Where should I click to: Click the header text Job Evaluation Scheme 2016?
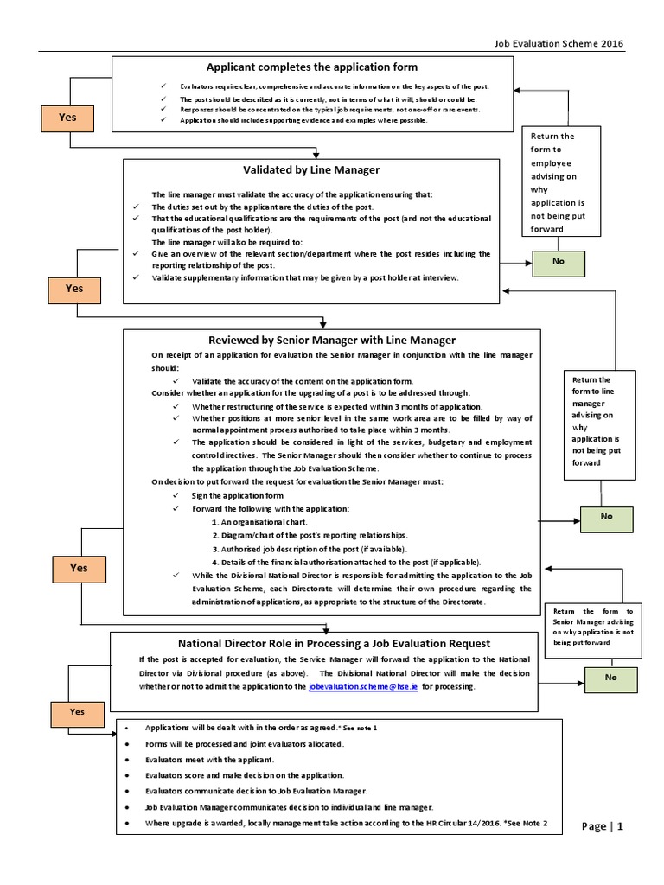coord(558,44)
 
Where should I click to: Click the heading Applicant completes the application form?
coord(311,67)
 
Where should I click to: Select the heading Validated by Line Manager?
coord(311,170)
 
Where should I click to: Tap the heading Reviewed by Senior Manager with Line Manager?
coord(332,340)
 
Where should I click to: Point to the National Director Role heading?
coord(334,643)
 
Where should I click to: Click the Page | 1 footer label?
coord(602,826)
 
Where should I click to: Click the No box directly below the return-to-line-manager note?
coord(606,517)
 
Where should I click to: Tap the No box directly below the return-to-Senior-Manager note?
coord(610,678)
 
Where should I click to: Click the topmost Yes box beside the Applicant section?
coord(67,117)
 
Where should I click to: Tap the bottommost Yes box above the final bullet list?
coord(77,711)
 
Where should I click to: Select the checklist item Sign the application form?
coord(238,495)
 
